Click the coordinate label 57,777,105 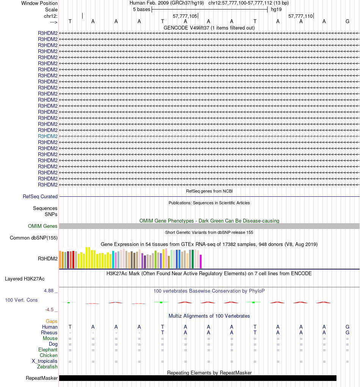(185, 16)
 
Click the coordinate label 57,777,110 (301, 16)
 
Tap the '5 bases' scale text (141, 9)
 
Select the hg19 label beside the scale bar (276, 9)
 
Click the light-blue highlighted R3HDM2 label (48, 136)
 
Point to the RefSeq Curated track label (40, 196)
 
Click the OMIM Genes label (43, 226)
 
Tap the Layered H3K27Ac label (25, 279)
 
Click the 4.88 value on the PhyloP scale (50, 291)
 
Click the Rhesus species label (49, 333)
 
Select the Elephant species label (48, 350)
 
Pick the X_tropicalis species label (45, 361)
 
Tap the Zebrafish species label (47, 367)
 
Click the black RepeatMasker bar (197, 378)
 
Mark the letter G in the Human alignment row (347, 327)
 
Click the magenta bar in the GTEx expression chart (201, 261)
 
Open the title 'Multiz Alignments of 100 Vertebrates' (209, 316)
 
